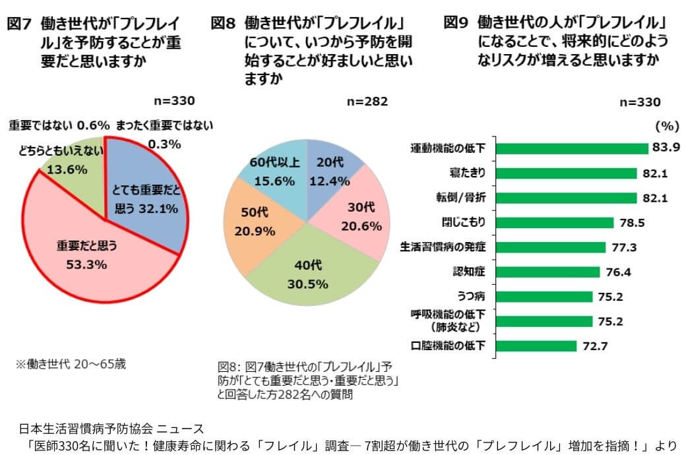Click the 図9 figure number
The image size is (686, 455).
[x=456, y=23]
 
